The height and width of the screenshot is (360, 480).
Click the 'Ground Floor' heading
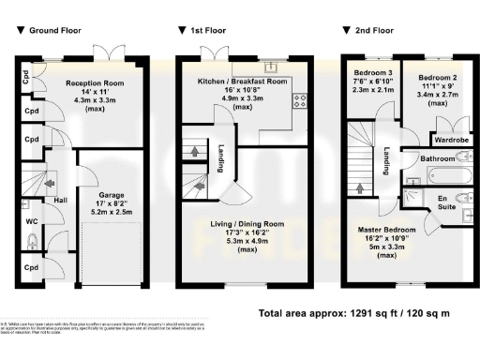point(56,31)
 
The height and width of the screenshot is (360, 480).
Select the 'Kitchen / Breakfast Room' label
point(242,82)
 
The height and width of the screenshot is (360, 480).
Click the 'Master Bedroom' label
point(393,229)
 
